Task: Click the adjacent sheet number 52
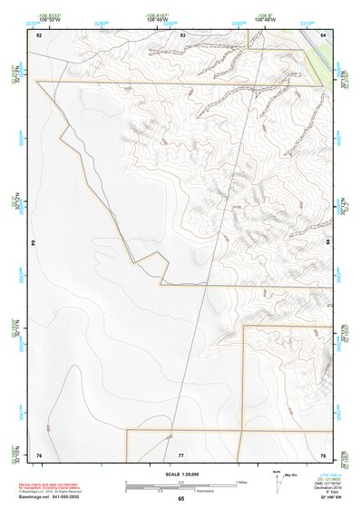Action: pos(39,34)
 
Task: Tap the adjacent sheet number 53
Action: pos(182,34)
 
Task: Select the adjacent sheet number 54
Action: pos(324,34)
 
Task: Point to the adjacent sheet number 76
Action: pos(39,454)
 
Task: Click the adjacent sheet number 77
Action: pos(181,454)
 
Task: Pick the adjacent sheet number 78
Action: pos(323,454)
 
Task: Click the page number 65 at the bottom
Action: pos(180,499)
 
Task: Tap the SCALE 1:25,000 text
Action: pos(179,474)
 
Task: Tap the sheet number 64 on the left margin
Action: pos(38,244)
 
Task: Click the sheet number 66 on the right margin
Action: pos(326,244)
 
